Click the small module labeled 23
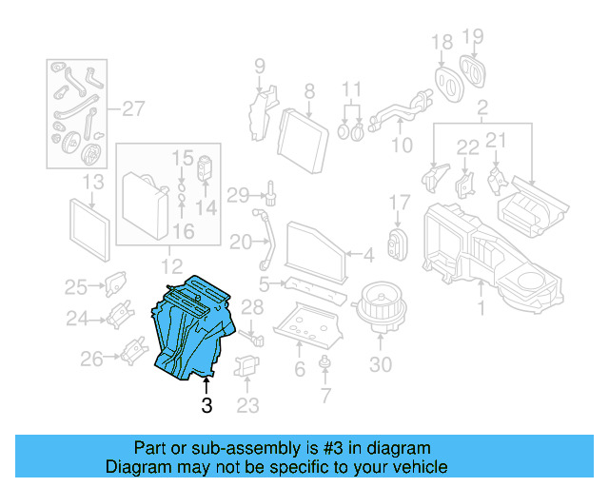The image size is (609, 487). pos(247,367)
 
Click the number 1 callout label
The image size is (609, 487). pos(481,307)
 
